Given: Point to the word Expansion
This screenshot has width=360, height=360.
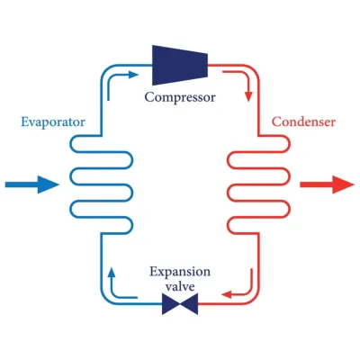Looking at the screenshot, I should [x=180, y=271].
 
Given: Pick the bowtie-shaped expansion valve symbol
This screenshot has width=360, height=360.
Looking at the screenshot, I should [x=180, y=307].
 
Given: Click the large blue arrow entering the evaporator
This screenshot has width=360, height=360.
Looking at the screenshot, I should [x=31, y=184].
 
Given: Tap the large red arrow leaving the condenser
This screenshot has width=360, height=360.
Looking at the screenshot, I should [x=326, y=184].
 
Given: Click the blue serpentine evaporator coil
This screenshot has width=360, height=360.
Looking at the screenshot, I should [x=90, y=184].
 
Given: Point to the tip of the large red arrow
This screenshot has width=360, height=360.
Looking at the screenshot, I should [x=354, y=184].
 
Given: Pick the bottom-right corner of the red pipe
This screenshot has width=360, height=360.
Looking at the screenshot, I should [x=257, y=306].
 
